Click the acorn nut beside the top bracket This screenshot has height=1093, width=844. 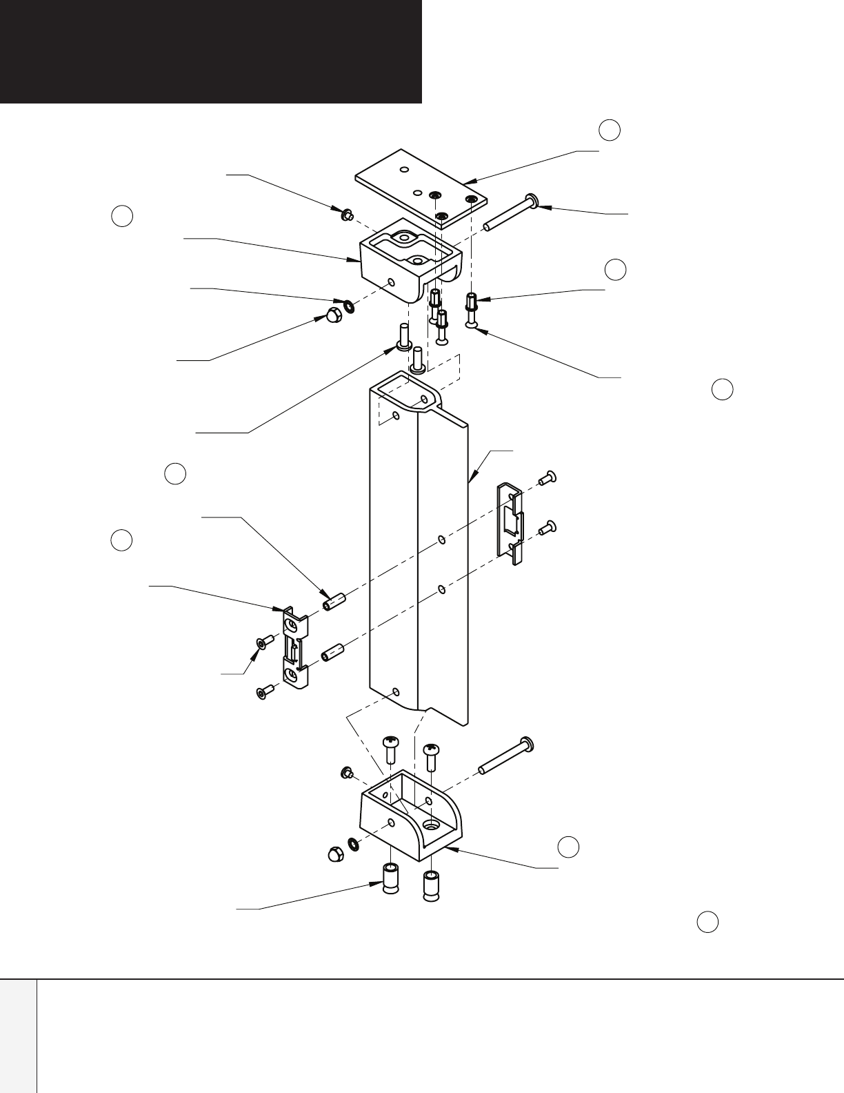[334, 317]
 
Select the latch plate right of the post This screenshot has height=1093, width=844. [512, 523]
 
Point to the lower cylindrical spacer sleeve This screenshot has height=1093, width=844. [334, 653]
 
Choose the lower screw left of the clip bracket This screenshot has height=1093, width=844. [264, 692]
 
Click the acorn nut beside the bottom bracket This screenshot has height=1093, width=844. [334, 853]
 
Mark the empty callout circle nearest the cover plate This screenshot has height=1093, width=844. [609, 130]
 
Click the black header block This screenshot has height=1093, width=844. [210, 51]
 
